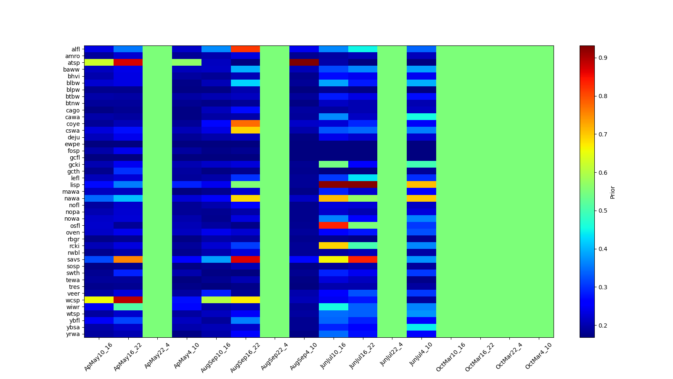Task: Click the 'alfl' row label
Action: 75,49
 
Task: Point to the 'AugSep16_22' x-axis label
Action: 245,357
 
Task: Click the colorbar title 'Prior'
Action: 612,192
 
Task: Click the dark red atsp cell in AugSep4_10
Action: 304,63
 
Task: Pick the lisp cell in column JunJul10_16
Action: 333,185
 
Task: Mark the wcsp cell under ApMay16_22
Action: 128,300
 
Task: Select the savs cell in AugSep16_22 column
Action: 245,259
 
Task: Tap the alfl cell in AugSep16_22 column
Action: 245,49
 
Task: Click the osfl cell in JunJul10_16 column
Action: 333,226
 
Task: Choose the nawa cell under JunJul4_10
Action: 421,198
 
